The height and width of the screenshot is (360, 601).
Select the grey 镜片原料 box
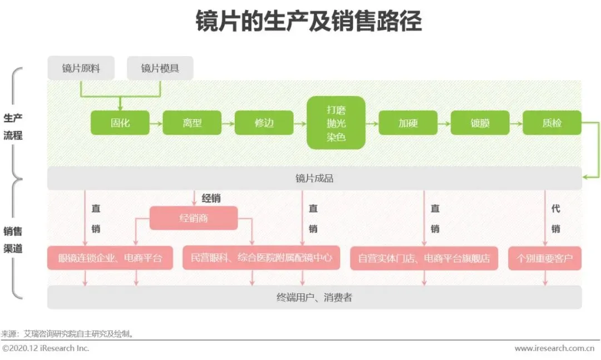coord(81,68)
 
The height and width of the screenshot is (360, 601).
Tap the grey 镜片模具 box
coord(160,68)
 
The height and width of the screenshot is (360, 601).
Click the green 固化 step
coord(120,123)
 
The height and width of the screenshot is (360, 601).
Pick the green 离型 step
coord(192,123)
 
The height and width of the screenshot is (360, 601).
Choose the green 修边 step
coord(264,123)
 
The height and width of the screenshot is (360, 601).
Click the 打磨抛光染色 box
coord(336,123)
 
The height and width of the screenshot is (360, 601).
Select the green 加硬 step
coord(408,123)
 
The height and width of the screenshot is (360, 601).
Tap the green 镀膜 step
coord(480,123)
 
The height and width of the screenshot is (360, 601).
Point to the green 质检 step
coord(551,123)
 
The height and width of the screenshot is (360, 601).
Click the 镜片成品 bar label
coord(314,179)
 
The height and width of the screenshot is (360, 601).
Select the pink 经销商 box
coord(194,218)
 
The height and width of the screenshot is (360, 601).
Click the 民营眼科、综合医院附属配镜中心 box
coord(261,258)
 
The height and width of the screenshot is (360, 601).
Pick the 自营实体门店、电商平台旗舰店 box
coord(424,258)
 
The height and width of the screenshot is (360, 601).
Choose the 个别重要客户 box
coord(544,258)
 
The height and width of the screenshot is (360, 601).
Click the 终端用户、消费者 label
coord(314,298)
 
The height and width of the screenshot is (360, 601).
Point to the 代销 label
coord(555,219)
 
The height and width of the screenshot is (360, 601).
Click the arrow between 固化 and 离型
coord(156,123)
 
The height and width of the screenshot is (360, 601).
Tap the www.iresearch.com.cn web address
coord(554,348)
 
